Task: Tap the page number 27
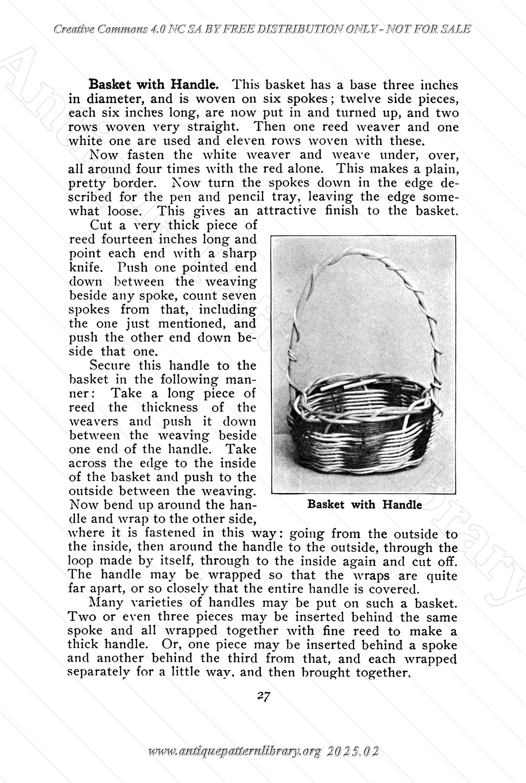[263, 695]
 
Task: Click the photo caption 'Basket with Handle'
[364, 505]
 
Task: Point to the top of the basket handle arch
[354, 251]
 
